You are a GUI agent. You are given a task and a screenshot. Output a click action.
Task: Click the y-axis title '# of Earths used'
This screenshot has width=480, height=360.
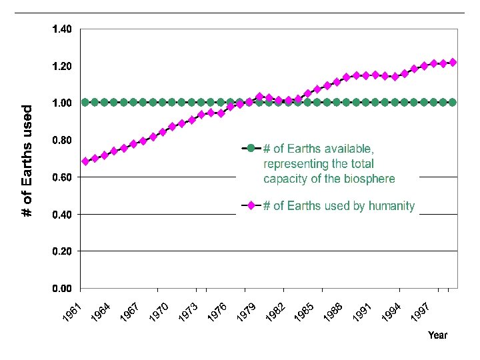(27, 160)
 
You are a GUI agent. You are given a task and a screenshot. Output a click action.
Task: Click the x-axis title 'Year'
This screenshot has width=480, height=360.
(437, 335)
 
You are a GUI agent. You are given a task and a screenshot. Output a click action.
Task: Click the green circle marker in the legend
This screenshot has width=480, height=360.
(251, 148)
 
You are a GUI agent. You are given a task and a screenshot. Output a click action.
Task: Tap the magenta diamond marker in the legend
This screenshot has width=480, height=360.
(251, 206)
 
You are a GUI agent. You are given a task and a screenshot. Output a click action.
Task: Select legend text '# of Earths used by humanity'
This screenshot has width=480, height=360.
(339, 206)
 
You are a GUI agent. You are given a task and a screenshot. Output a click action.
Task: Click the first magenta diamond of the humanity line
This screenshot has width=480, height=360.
(85, 161)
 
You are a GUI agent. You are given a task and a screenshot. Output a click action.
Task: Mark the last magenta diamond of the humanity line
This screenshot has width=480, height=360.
(453, 62)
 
